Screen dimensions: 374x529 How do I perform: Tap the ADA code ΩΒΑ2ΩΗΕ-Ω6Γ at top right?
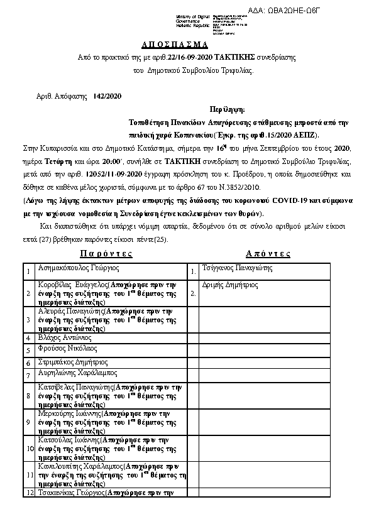(x=333, y=10)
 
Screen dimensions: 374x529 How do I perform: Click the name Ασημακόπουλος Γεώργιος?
(x=79, y=268)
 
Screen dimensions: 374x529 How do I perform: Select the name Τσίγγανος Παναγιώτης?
(x=238, y=268)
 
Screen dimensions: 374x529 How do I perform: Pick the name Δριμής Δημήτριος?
(x=231, y=285)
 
